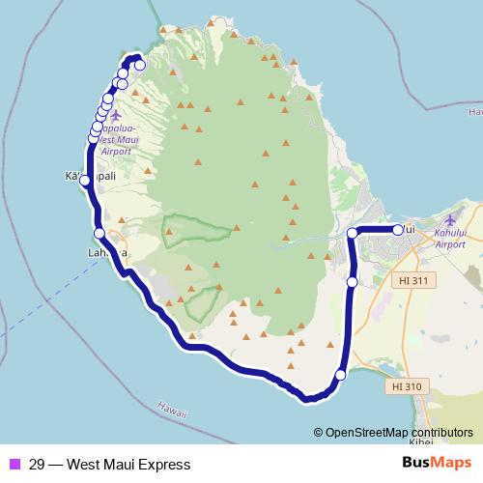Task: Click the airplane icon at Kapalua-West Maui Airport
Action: point(116,115)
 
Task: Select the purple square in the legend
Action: point(14,464)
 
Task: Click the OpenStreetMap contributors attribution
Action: point(398,433)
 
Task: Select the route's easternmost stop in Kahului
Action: point(397,230)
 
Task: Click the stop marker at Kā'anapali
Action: point(83,181)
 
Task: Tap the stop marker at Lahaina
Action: point(99,233)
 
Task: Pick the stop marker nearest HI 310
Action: point(340,375)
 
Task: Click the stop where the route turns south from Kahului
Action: point(353,234)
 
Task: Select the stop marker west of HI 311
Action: point(352,281)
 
